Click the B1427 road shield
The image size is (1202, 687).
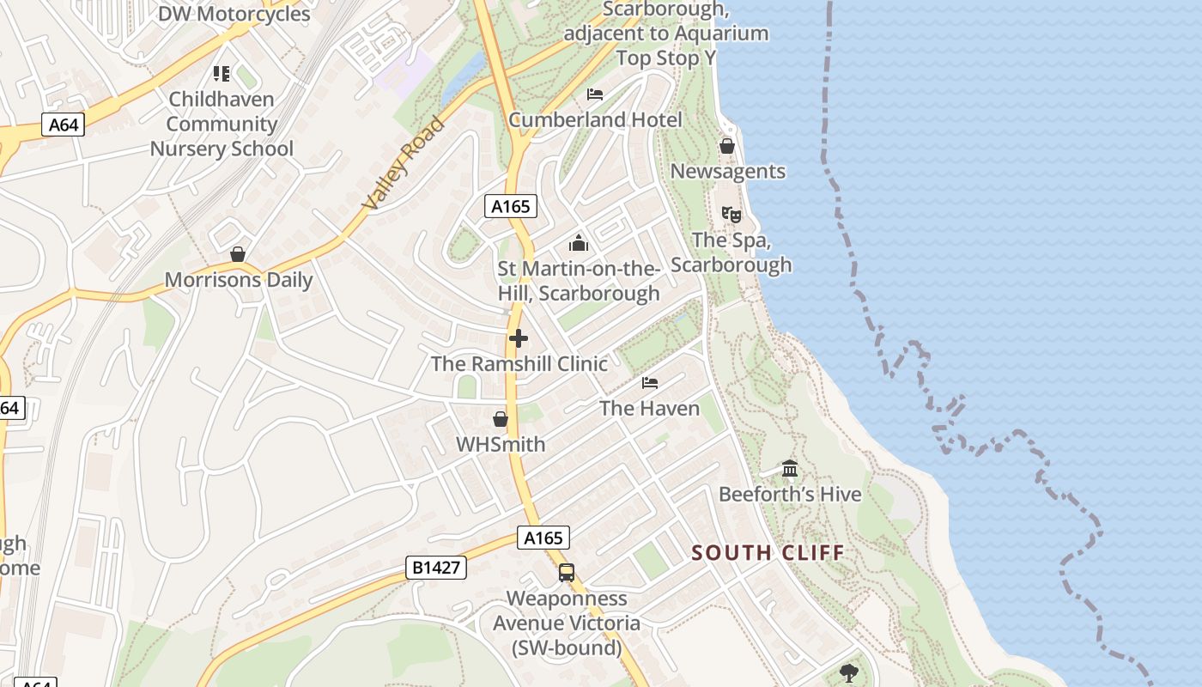pos(436,567)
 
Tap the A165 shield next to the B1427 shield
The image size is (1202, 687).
pos(543,538)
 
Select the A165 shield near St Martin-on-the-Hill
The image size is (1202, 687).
pos(511,206)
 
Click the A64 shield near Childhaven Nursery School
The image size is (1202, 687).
pos(64,125)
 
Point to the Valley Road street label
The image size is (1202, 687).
pos(404,164)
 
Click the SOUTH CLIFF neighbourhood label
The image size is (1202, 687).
pos(768,553)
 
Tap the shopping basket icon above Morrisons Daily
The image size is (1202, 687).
pos(238,254)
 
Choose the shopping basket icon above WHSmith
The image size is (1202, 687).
pos(501,419)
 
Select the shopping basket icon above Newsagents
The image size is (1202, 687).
pos(727,146)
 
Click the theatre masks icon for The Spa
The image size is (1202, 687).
pos(731,214)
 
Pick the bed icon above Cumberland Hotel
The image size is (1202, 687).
pos(595,94)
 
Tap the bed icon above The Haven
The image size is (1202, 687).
pos(650,382)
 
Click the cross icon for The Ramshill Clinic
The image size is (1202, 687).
pos(519,338)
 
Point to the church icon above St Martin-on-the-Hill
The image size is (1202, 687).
pos(579,244)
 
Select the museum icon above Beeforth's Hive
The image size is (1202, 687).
pos(790,469)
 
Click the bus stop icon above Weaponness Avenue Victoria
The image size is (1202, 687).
pos(566,573)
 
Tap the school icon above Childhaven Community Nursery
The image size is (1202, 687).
pos(222,74)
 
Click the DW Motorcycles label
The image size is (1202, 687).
pos(234,15)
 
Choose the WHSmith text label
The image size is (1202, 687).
pos(501,445)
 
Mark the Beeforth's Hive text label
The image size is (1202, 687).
pos(790,495)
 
